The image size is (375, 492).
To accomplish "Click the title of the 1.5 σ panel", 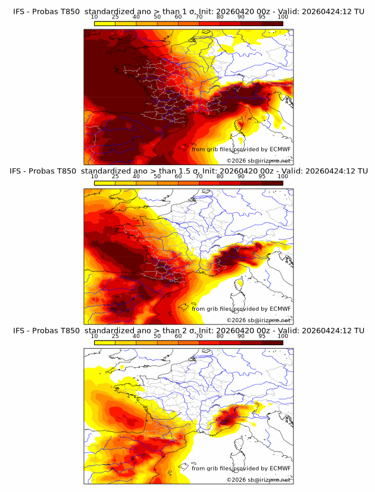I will [x=188, y=171].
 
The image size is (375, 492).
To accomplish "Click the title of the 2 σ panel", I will [x=188, y=330].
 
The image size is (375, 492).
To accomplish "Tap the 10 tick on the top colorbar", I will [x=95, y=17].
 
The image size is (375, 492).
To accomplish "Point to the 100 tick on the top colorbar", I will [x=283, y=17].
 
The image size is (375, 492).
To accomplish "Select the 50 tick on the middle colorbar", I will [x=157, y=176].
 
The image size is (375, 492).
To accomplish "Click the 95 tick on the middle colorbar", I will [x=262, y=176].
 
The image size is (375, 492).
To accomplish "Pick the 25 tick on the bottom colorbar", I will [x=115, y=336].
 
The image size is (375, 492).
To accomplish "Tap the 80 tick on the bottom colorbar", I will [x=220, y=336].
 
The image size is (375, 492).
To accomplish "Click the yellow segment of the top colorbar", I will [x=105, y=23].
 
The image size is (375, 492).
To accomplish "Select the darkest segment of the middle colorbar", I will [x=272, y=183].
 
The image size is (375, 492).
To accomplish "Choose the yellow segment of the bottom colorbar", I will [x=105, y=343].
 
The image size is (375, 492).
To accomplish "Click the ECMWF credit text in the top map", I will [x=241, y=149].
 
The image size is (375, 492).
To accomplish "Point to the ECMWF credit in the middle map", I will [x=241, y=309].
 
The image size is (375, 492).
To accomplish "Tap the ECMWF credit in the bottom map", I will [x=241, y=469].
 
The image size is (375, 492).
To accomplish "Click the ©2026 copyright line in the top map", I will [x=258, y=160].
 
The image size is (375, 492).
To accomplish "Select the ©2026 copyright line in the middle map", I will [x=258, y=320].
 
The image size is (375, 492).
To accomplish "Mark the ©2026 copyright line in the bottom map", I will [x=258, y=480].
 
